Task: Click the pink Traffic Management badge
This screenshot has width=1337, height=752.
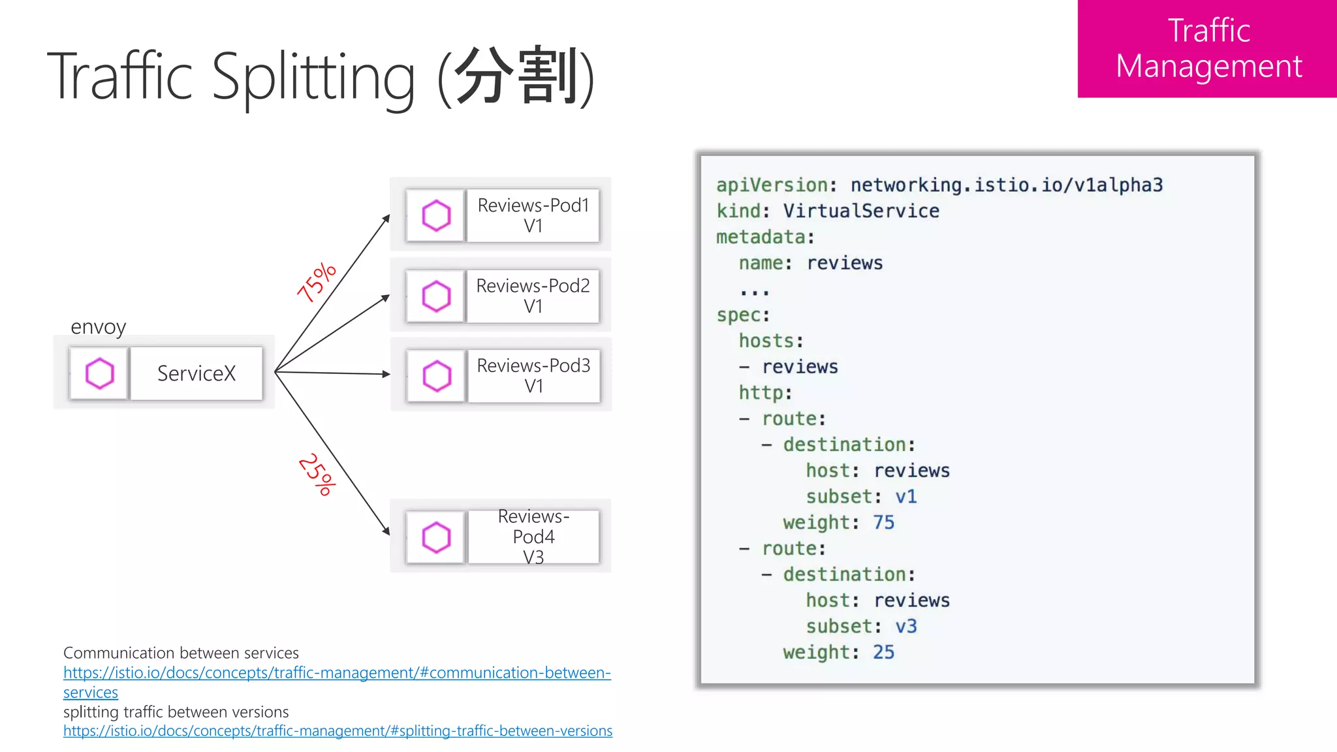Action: click(1207, 49)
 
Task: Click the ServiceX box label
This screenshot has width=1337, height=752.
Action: click(196, 373)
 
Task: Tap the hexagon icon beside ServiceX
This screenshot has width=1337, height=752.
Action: click(99, 373)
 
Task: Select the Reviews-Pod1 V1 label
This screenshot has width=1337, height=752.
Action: click(533, 215)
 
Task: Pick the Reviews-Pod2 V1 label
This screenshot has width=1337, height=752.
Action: click(533, 296)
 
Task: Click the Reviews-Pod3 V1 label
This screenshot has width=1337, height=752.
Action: click(533, 375)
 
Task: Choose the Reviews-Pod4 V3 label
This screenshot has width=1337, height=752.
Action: click(533, 537)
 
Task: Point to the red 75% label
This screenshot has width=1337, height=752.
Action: click(317, 282)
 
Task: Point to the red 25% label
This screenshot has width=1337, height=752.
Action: click(317, 475)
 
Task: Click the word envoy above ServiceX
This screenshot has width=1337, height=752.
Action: click(98, 326)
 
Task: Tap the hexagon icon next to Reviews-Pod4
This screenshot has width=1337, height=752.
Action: click(436, 537)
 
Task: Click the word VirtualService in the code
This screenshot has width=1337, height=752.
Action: click(860, 211)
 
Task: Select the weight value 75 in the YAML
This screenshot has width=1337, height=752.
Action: click(883, 522)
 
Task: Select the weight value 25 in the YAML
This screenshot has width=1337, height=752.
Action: click(883, 652)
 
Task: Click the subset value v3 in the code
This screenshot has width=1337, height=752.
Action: click(905, 626)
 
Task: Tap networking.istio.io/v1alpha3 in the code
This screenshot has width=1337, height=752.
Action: click(1006, 185)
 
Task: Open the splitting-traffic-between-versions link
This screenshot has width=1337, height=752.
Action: click(338, 731)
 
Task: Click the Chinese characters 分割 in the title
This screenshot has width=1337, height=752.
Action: click(516, 76)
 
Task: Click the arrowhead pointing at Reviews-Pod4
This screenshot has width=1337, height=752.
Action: click(386, 531)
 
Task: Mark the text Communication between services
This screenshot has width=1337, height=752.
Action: click(181, 653)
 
